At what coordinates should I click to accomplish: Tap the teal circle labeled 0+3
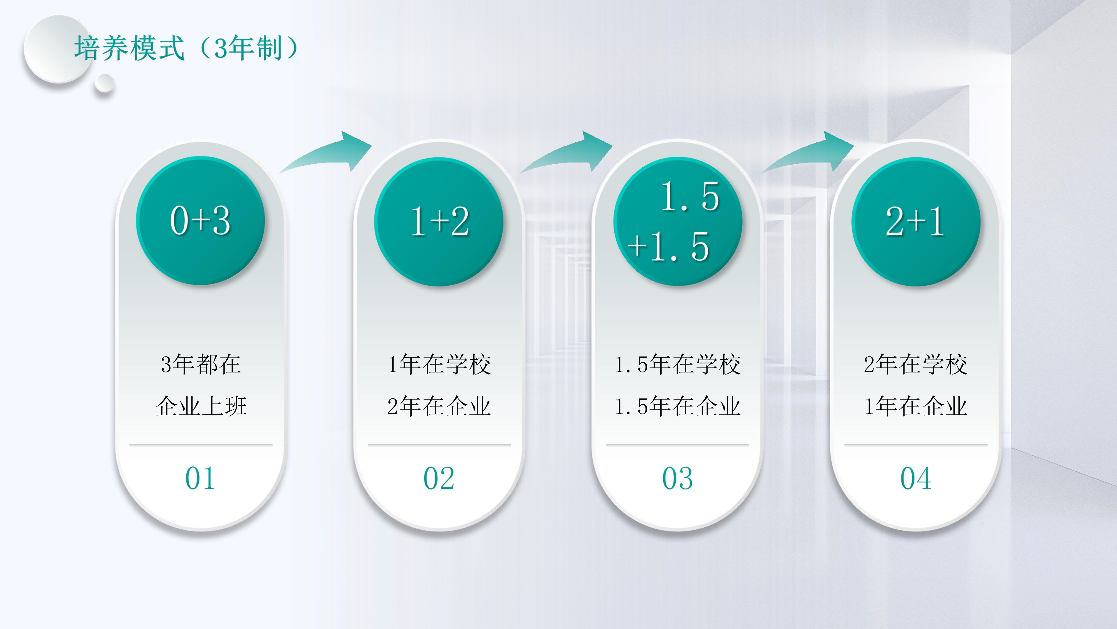point(200,220)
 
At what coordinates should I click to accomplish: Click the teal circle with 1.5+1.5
point(678,221)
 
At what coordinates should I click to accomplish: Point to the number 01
point(200,478)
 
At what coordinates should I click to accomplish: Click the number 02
point(439,478)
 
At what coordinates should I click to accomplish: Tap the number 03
point(677,478)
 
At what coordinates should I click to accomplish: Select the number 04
point(916,478)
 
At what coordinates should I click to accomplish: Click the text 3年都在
point(201,364)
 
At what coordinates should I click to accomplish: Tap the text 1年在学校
point(439,364)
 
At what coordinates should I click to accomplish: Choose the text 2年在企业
point(439,406)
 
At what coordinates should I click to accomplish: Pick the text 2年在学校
point(916,364)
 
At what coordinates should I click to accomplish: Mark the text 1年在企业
point(916,406)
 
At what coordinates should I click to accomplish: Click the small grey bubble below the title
point(104,83)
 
